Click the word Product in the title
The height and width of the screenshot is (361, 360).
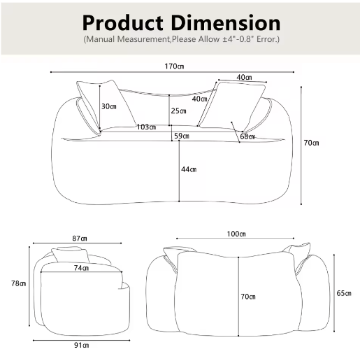pyautogui.click(x=122, y=23)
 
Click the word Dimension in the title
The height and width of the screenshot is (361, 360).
pyautogui.click(x=226, y=22)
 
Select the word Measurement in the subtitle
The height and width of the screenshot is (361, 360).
pyautogui.click(x=143, y=39)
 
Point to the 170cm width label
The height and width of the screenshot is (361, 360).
pyautogui.click(x=174, y=66)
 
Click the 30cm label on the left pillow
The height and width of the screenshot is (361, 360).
pyautogui.click(x=109, y=106)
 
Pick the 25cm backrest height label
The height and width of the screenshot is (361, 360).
pyautogui.click(x=178, y=111)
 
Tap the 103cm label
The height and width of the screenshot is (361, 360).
pyautogui.click(x=146, y=127)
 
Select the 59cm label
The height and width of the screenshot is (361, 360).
pyautogui.click(x=182, y=136)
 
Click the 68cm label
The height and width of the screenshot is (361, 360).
pyautogui.click(x=247, y=136)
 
